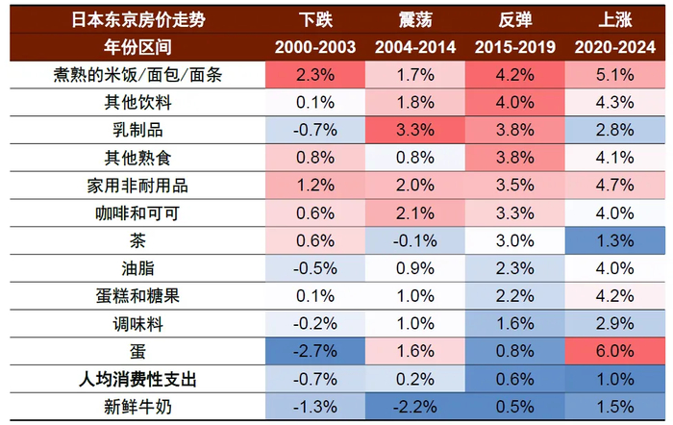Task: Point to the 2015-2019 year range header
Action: tap(514, 46)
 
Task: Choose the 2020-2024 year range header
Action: tap(614, 46)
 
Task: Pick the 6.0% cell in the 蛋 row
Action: tap(614, 350)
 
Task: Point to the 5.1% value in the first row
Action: tap(614, 74)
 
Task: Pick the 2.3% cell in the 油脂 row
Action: tap(514, 267)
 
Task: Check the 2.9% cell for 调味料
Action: tap(614, 323)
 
